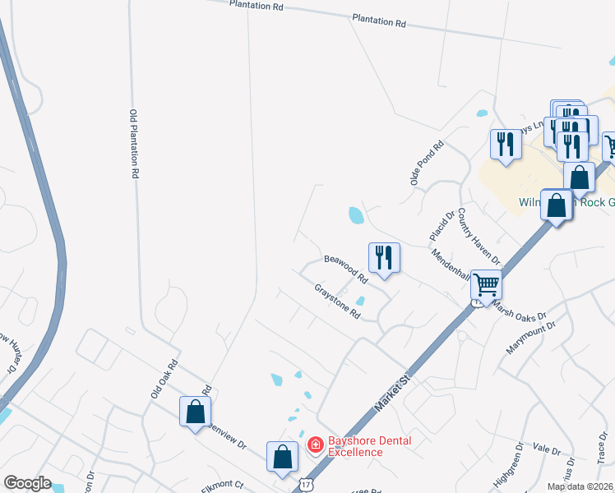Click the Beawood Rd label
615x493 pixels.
click(345, 268)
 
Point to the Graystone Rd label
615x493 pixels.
click(338, 302)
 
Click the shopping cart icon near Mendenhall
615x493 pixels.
click(486, 285)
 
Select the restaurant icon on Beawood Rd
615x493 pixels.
click(384, 258)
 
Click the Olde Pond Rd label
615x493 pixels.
click(427, 162)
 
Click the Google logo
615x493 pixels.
click(27, 483)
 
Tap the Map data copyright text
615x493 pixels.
click(580, 486)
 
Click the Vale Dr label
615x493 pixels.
click(546, 449)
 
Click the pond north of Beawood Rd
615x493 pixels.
click(356, 216)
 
